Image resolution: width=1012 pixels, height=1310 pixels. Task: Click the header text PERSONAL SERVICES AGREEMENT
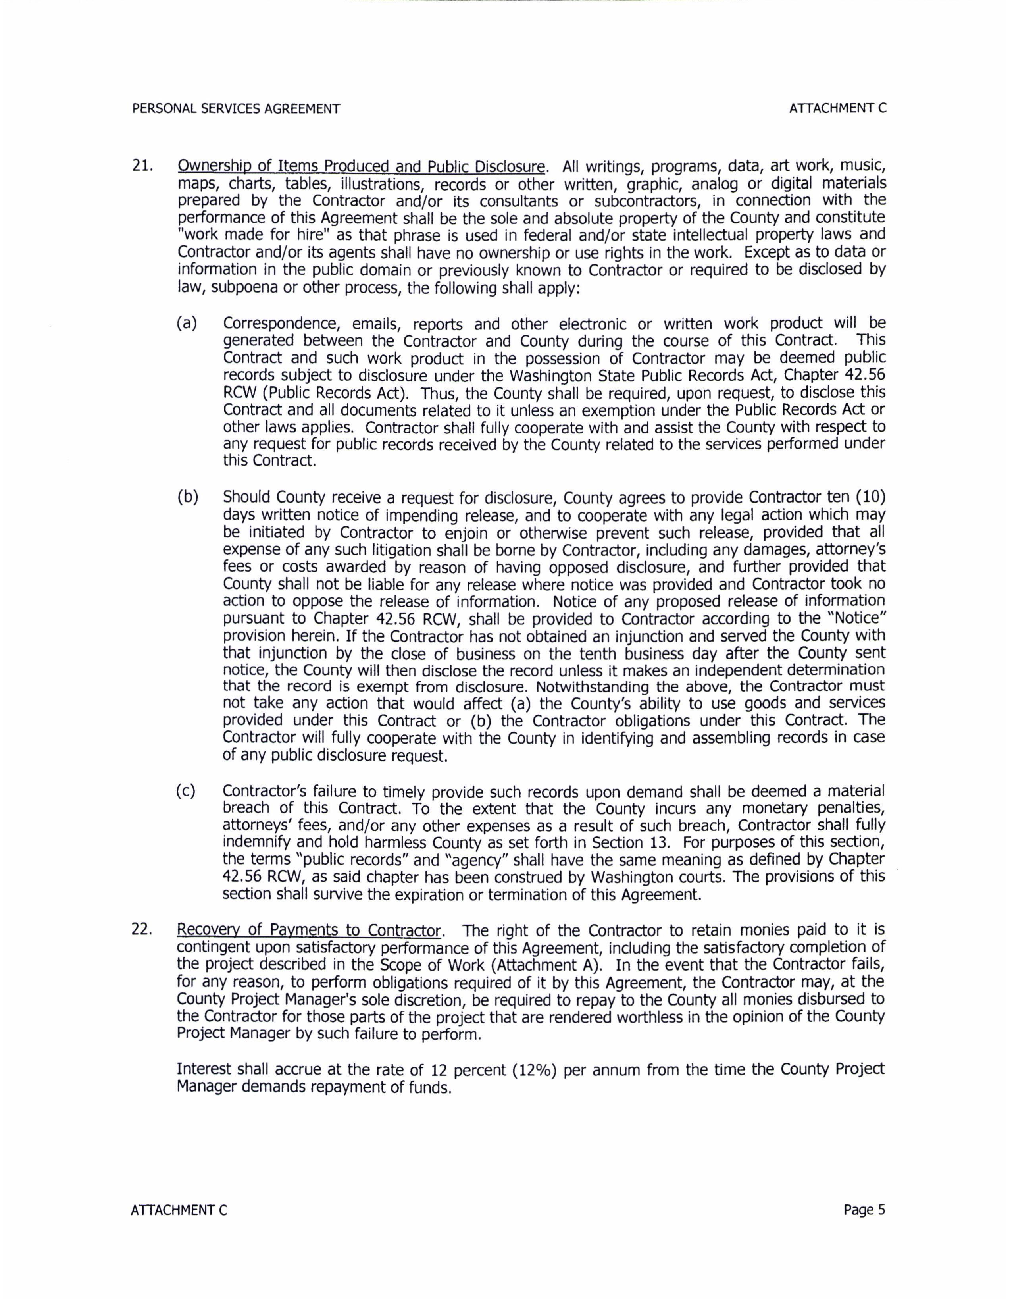click(x=236, y=108)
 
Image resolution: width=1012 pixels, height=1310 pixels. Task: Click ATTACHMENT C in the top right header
click(x=837, y=108)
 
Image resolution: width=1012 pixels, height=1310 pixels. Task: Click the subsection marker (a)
click(x=187, y=324)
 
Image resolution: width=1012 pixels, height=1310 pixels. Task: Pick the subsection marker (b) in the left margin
click(x=187, y=497)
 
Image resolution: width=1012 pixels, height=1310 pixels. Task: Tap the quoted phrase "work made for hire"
click(x=253, y=235)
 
